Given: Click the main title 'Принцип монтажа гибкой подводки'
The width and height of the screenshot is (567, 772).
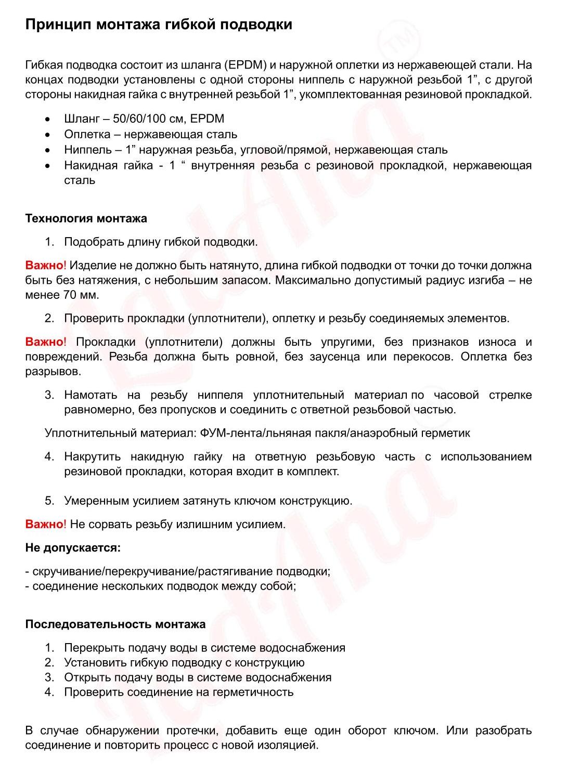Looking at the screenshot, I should [x=159, y=24].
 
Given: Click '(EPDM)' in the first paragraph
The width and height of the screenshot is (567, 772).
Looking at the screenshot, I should [x=246, y=66].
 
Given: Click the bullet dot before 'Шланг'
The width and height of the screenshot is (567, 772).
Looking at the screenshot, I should [x=48, y=119].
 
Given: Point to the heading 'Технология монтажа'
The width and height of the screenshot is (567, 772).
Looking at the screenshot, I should [x=86, y=218].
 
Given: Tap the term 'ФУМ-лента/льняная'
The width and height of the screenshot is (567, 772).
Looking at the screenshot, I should [x=255, y=433].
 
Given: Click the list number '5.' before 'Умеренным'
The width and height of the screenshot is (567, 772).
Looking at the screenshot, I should [x=49, y=501].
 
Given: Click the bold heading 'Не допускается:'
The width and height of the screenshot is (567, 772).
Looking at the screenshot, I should [x=73, y=547].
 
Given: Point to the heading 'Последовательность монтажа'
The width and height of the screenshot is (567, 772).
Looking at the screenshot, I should [x=115, y=624].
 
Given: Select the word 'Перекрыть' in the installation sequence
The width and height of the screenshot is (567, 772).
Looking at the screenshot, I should [x=93, y=648].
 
